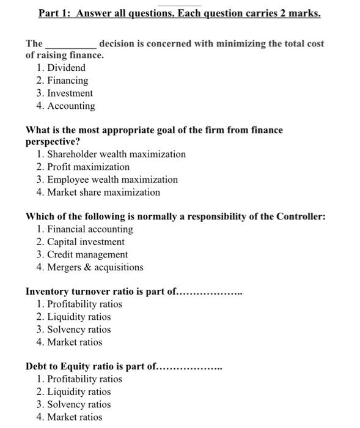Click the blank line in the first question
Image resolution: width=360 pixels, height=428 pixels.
(71, 45)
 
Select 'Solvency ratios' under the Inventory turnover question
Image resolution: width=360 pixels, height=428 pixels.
(79, 330)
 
